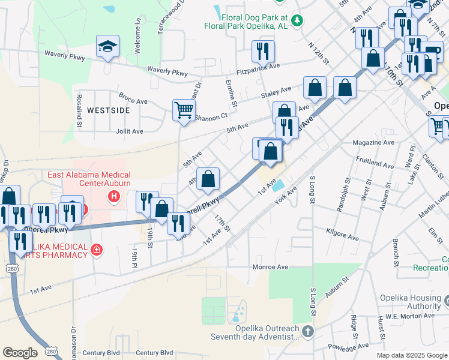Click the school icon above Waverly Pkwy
pyautogui.click(x=107, y=46)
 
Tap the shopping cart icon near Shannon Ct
pyautogui.click(x=184, y=110)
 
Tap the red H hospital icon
pyautogui.click(x=112, y=196)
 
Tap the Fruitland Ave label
pyautogui.click(x=374, y=163)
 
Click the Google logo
pyautogui.click(x=20, y=353)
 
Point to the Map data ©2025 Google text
pyautogui.click(x=412, y=355)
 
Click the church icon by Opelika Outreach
pyautogui.click(x=307, y=331)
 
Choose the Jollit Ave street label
pyautogui.click(x=129, y=131)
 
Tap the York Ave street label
pyautogui.click(x=286, y=196)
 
